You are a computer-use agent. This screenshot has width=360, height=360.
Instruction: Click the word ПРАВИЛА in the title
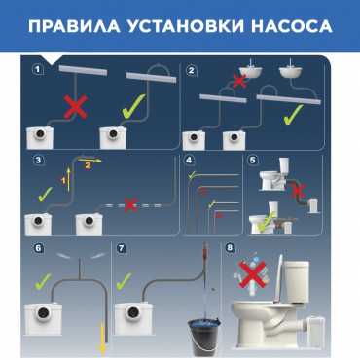point(74,26)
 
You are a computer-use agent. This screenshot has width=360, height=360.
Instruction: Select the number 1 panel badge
point(38,69)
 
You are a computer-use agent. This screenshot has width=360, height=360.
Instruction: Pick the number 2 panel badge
point(191,70)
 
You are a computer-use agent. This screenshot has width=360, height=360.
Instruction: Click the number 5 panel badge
point(253,160)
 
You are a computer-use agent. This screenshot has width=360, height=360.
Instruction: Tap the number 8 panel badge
point(230,248)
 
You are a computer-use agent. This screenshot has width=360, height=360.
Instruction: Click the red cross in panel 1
point(76,107)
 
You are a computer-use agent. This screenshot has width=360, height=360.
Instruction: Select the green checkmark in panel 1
point(133,106)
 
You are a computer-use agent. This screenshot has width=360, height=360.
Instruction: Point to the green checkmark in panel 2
point(294,114)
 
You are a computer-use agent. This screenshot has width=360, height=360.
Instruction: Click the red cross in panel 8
point(252,274)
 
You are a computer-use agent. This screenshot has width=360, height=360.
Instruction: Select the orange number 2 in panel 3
point(88,165)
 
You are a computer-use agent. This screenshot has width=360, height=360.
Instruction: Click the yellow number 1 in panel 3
point(64,180)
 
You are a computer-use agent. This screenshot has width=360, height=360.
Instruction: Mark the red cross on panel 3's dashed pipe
point(130,205)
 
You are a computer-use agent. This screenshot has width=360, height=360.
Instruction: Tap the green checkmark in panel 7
point(124,281)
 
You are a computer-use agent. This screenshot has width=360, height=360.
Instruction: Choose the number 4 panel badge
point(189,160)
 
